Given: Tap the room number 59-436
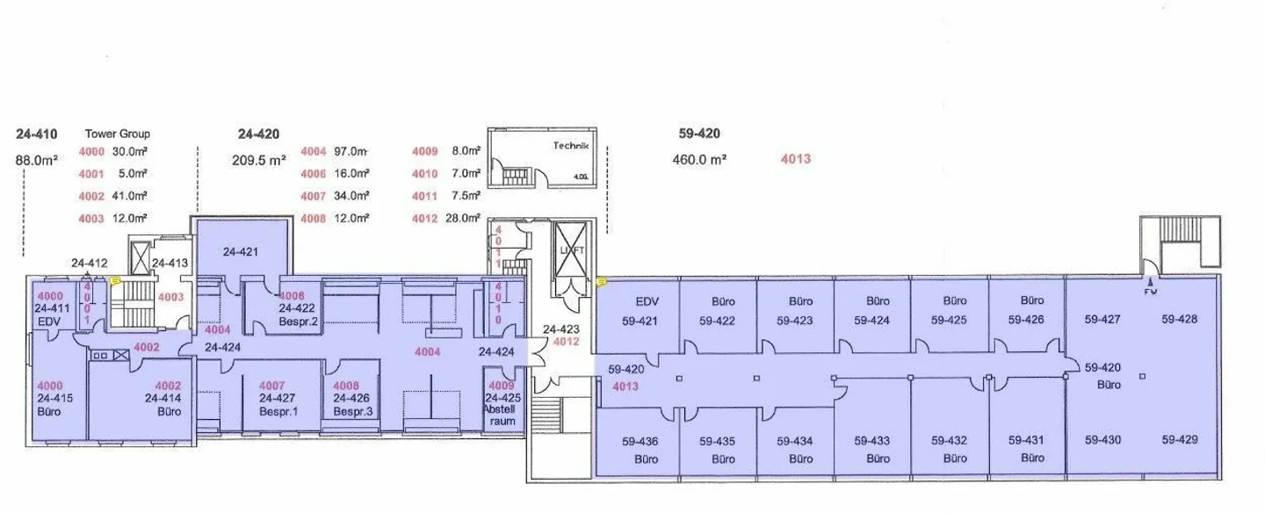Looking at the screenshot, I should [x=640, y=442].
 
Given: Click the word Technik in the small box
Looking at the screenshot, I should [x=570, y=146].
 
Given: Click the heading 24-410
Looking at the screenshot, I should [x=37, y=134].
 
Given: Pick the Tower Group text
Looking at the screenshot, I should [x=117, y=134].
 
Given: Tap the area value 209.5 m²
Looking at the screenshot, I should [x=259, y=160].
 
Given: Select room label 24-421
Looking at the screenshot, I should [x=241, y=252].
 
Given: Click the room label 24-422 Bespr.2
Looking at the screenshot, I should [x=298, y=314].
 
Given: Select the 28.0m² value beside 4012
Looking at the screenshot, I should [x=464, y=218].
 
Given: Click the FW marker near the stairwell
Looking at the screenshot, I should [x=1150, y=291].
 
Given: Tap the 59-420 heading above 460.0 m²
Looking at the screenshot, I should [x=699, y=134].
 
